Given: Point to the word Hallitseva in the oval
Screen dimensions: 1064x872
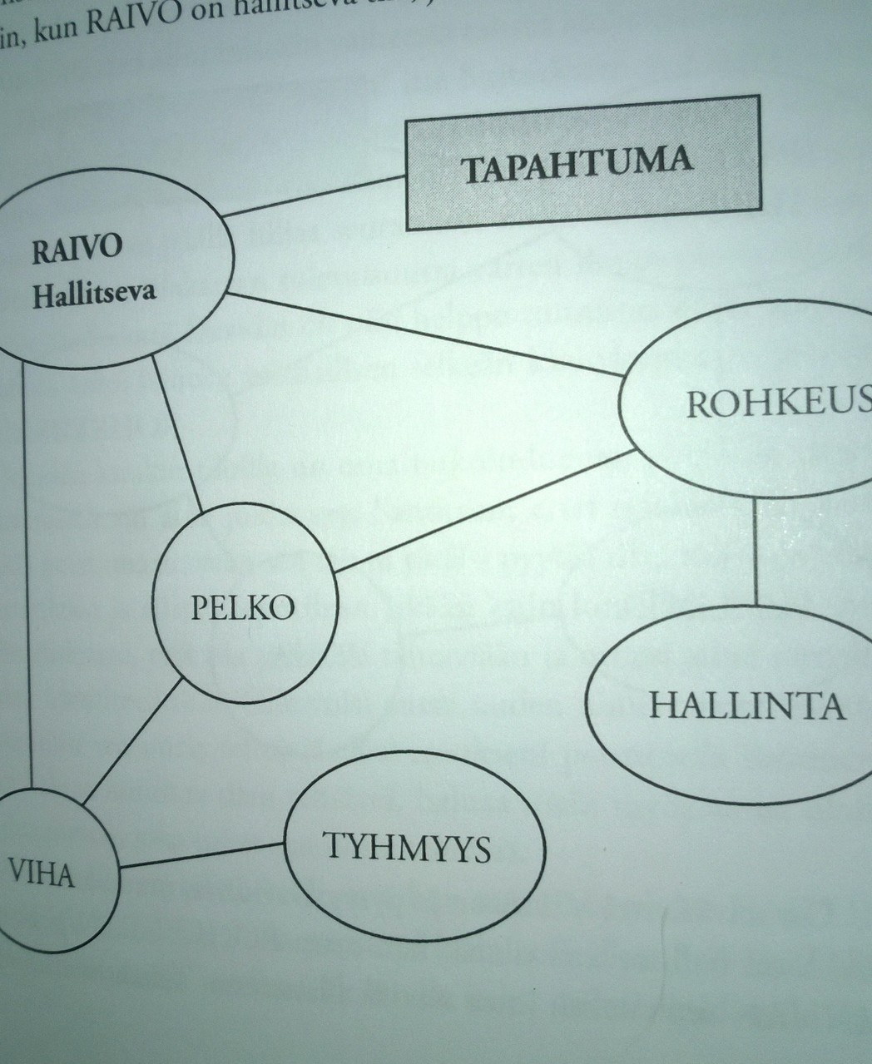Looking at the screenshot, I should [94, 294].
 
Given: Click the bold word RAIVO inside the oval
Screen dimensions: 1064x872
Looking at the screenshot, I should [76, 250].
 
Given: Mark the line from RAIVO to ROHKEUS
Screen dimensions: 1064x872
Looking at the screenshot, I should [424, 337].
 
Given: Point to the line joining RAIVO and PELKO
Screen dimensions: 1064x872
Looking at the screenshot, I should [177, 433].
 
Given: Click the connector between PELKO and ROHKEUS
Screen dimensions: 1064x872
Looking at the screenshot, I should [483, 513].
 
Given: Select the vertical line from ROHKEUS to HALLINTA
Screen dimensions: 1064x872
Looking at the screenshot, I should [756, 549].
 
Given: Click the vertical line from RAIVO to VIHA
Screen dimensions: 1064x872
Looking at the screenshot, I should [28, 574].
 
